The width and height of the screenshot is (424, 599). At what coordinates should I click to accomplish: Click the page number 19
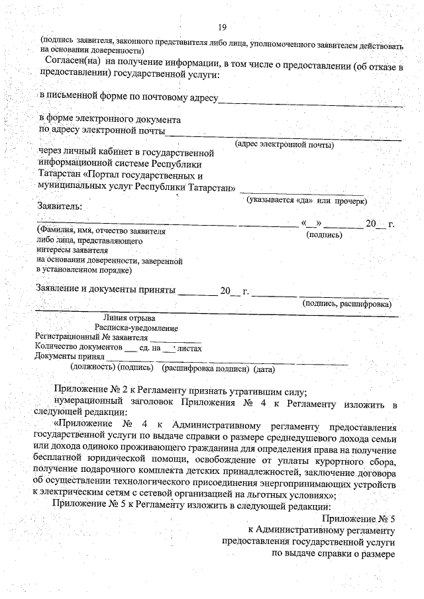222,26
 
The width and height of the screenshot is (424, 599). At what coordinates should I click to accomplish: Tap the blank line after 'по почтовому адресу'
310,103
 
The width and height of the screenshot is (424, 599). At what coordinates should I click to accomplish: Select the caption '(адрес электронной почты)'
284,144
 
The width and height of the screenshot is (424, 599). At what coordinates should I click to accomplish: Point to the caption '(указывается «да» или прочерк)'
306,200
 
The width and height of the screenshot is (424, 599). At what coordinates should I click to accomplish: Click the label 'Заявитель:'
59,207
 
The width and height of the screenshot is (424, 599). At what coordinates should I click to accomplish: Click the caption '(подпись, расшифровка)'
346,304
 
